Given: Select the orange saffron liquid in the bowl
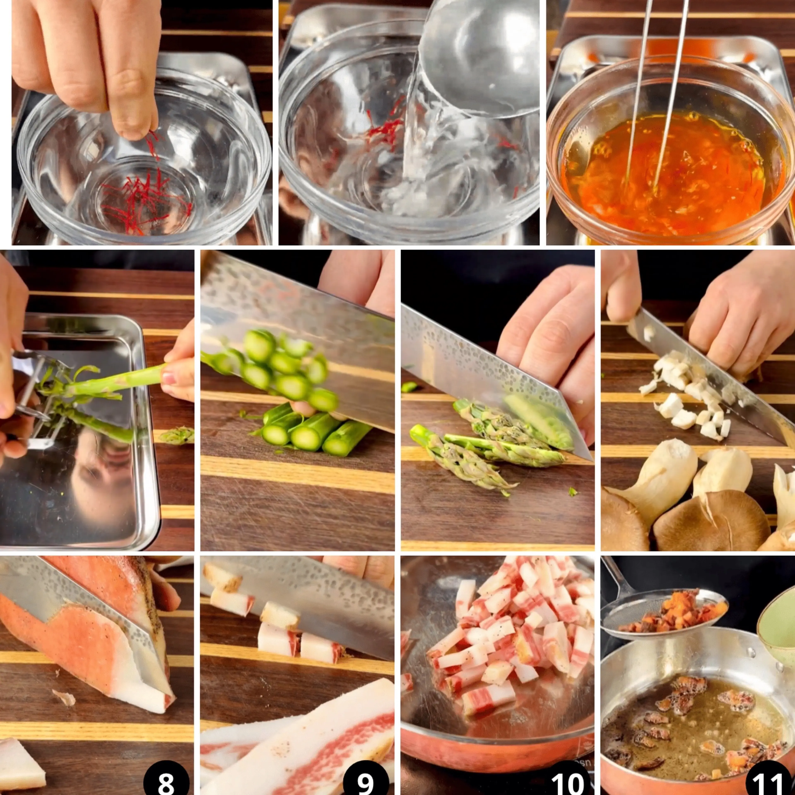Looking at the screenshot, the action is [x=671, y=173].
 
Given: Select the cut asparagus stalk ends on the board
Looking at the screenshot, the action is [x=313, y=432].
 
